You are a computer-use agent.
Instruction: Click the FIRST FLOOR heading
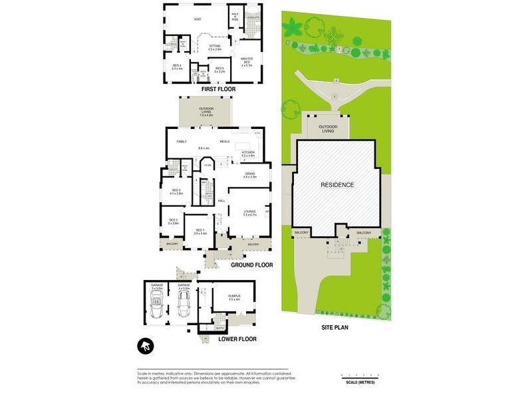pyautogui.click(x=219, y=89)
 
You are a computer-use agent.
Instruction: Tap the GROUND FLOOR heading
pyautogui.click(x=252, y=265)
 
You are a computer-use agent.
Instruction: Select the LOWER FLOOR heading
pyautogui.click(x=237, y=339)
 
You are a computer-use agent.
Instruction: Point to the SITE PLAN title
pyautogui.click(x=335, y=327)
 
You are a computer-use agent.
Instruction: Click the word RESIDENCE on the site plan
pyautogui.click(x=337, y=185)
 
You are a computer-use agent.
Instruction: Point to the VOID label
pyautogui.click(x=198, y=19)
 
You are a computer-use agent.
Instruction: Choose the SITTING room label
pyautogui.click(x=214, y=46)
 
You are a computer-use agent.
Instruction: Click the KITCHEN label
pyautogui.click(x=248, y=152)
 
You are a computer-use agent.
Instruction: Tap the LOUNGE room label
pyautogui.click(x=250, y=211)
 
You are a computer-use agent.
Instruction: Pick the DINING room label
pyautogui.click(x=250, y=174)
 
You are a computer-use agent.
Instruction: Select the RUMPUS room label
pyautogui.click(x=234, y=296)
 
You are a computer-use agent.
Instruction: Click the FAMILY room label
pyautogui.click(x=182, y=142)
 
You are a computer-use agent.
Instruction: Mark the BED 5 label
pyautogui.click(x=219, y=68)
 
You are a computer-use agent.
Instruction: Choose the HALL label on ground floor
pyautogui.click(x=221, y=200)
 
